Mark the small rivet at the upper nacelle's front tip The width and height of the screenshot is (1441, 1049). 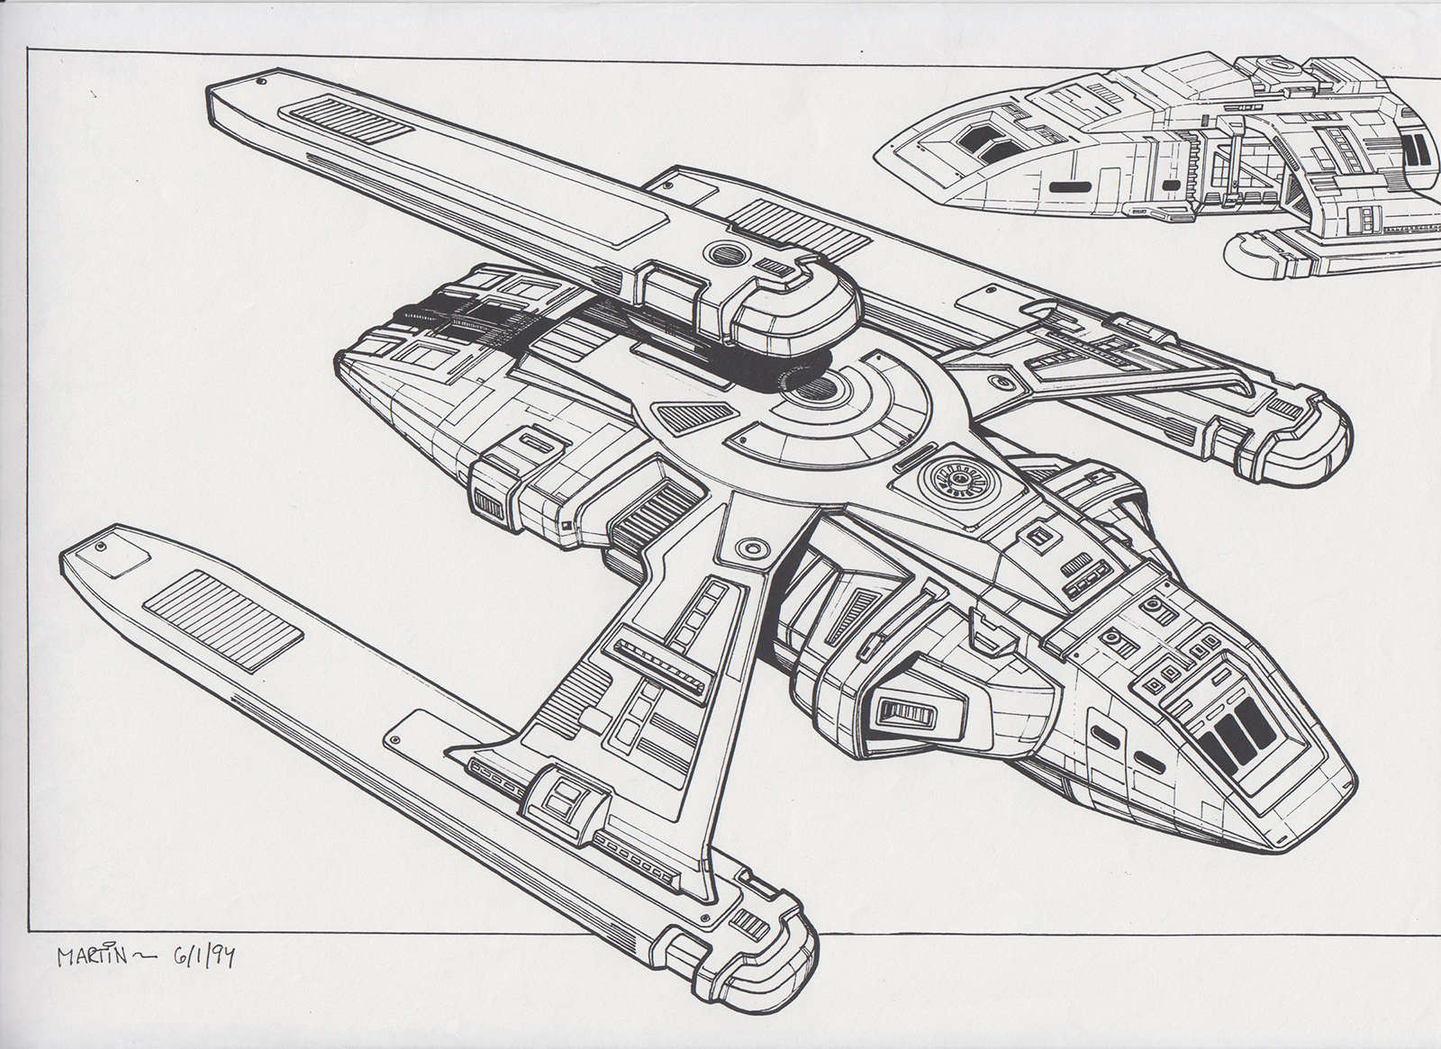pos(260,83)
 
